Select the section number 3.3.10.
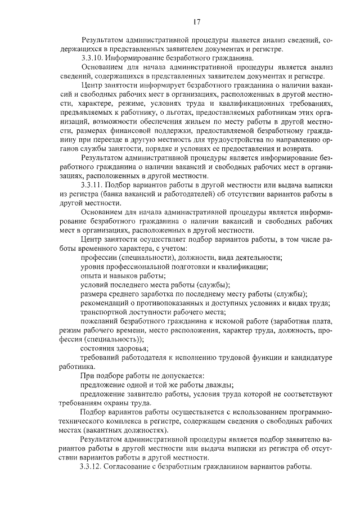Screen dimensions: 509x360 (x=93, y=58)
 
